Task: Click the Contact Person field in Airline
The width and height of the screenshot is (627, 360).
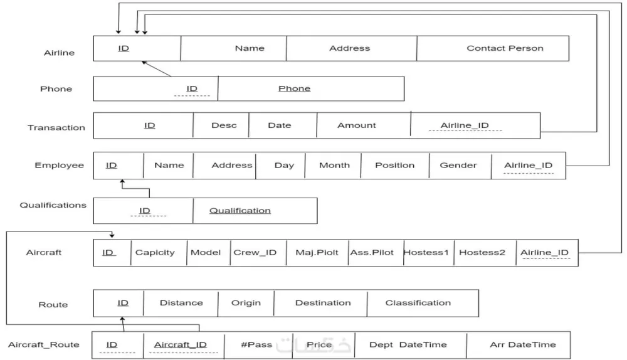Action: (x=505, y=48)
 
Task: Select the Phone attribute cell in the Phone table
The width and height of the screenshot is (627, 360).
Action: (x=294, y=88)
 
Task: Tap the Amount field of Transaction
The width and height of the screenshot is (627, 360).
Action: (x=357, y=125)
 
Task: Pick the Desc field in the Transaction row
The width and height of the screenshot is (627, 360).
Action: (x=223, y=125)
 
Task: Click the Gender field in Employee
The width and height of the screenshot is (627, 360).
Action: (x=458, y=166)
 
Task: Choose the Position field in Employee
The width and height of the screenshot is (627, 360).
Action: (x=394, y=166)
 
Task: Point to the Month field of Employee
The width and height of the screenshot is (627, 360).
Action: (x=334, y=166)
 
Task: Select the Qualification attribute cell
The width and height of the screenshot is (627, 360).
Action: (x=240, y=211)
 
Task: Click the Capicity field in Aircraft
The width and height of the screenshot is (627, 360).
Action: (x=155, y=253)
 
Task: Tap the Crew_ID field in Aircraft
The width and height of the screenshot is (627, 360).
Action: (x=255, y=253)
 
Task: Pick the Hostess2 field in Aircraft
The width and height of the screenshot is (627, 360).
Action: (x=482, y=253)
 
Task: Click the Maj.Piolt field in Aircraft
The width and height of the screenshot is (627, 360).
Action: (x=317, y=253)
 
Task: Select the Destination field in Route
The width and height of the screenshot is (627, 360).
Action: (x=323, y=303)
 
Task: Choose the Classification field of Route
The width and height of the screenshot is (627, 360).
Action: (x=418, y=303)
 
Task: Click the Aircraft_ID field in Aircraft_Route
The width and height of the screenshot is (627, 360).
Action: (x=181, y=345)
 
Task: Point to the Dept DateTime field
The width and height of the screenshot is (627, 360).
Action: (x=408, y=345)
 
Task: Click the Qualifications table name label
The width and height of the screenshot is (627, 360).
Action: (x=53, y=205)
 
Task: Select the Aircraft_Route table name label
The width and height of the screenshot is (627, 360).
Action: (x=44, y=345)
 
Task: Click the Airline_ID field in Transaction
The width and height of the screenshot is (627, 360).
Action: (x=464, y=125)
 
